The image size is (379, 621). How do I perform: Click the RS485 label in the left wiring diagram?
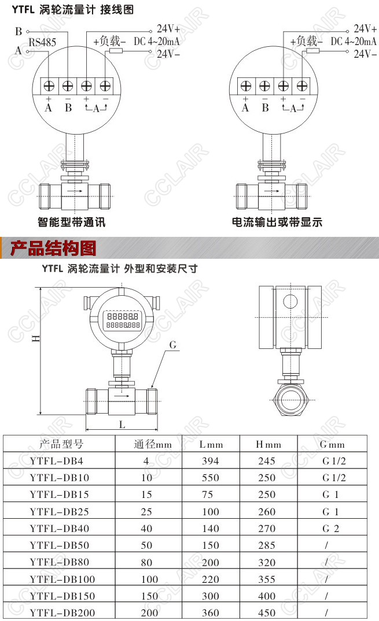point(42,42)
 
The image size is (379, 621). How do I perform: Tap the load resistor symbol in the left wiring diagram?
point(116,51)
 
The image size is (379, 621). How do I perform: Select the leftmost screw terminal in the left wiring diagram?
point(49,85)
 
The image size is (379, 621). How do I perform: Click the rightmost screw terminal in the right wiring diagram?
point(302,85)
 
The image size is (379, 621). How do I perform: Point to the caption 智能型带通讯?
point(72,222)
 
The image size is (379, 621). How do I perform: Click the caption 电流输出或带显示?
point(277,222)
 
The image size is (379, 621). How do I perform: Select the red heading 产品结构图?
point(53,248)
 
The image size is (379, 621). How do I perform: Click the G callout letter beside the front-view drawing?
point(172,345)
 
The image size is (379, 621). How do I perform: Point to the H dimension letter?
point(36,338)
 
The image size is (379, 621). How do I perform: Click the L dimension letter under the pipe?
point(122,425)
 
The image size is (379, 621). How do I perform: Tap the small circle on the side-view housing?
point(290,302)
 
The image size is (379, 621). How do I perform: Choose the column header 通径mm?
point(153,444)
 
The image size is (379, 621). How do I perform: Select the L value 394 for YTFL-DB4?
point(211,461)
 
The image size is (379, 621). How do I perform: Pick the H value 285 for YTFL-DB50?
point(267,545)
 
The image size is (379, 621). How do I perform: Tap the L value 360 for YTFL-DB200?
point(211,613)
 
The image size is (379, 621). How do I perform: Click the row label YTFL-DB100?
point(62,579)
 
